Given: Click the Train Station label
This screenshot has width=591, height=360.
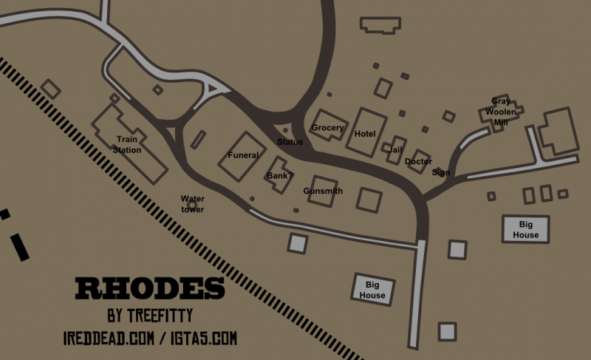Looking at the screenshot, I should pos(128,144).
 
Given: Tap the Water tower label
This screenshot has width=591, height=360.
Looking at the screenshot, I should pos(193,204).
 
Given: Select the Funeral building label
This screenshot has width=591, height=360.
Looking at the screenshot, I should pos(243,155).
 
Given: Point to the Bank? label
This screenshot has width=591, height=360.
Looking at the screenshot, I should pos(280,176).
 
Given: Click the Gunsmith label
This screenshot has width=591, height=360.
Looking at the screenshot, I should pos(323,191).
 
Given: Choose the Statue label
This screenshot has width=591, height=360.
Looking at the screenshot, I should pos(290,142).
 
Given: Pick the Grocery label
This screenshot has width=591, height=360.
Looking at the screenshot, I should pos(327,128).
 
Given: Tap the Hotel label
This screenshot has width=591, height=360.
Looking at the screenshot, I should pos(365,134).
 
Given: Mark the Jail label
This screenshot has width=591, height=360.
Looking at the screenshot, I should pos(395,149).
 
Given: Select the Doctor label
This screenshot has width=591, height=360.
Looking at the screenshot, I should pos(418,161).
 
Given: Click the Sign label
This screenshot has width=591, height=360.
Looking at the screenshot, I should pos(440,173).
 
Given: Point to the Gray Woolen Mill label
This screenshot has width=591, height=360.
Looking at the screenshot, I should pos(501,112).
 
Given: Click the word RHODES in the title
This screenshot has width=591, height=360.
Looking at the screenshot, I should pos(149,289).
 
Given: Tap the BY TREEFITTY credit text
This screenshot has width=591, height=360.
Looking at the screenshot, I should pos(150,316).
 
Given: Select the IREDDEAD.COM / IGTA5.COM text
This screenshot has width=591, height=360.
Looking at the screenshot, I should pos(150,339).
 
